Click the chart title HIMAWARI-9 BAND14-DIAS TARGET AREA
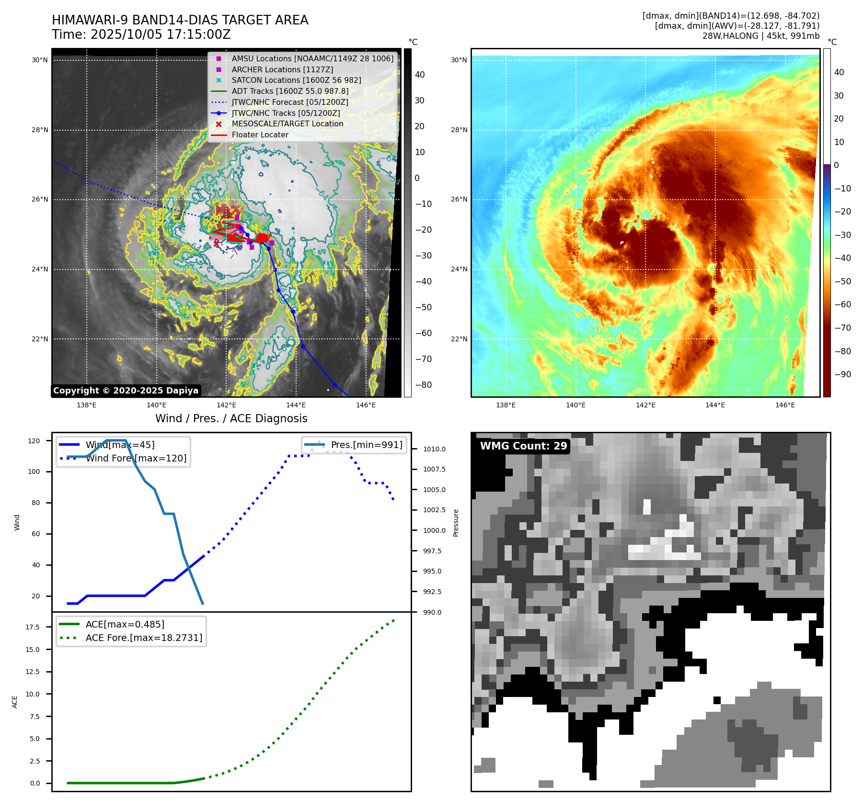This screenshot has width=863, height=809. (180, 20)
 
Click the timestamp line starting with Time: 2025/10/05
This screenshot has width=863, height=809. (141, 34)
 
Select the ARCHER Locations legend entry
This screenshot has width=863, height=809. (282, 69)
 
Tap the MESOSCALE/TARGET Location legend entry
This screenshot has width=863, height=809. (287, 124)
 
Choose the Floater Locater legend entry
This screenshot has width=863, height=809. (260, 135)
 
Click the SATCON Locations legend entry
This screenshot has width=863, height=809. (296, 80)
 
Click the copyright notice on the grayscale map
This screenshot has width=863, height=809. (126, 391)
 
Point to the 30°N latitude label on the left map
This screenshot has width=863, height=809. (40, 60)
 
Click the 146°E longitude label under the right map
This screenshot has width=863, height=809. (785, 405)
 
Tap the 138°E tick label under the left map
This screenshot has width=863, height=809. (87, 405)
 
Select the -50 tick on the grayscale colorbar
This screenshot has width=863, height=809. (423, 307)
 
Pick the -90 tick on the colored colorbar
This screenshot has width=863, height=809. (842, 374)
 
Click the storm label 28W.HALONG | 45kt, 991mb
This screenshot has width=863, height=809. (760, 36)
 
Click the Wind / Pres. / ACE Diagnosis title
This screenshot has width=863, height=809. (231, 418)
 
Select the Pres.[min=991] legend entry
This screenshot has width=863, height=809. (366, 445)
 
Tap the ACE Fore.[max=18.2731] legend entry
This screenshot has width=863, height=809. (144, 638)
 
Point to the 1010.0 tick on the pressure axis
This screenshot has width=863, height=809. (434, 449)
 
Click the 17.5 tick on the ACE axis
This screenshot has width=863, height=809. (33, 627)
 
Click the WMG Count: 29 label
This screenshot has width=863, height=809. (523, 446)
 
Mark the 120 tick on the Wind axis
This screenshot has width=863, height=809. (34, 441)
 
